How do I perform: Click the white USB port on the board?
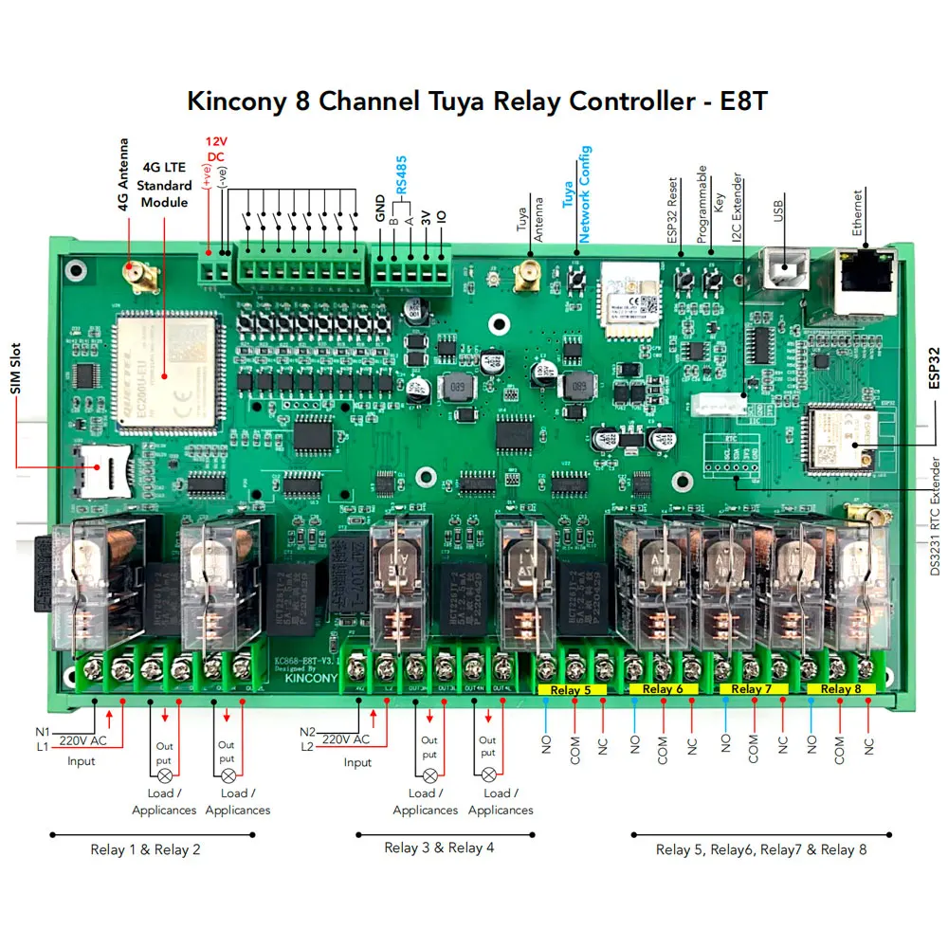782,271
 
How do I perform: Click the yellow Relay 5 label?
572,690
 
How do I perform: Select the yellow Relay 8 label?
841,689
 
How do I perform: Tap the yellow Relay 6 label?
663,689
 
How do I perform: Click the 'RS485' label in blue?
402,175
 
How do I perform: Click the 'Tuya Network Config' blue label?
576,193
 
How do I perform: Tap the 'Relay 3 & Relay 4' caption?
439,848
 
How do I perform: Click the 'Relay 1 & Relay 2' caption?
145,849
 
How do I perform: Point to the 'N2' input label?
307,732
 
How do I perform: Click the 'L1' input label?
44,748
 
